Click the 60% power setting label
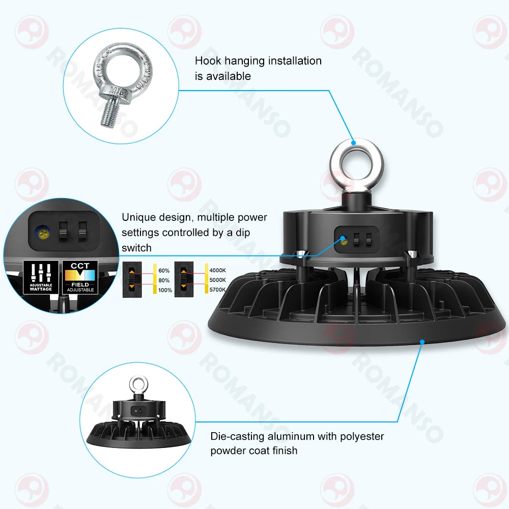(164, 271)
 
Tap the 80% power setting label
(164, 280)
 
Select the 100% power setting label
(165, 290)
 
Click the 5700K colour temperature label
(218, 290)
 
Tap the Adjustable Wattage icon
(41, 277)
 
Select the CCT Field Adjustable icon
(80, 277)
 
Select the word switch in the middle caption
(136, 248)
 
